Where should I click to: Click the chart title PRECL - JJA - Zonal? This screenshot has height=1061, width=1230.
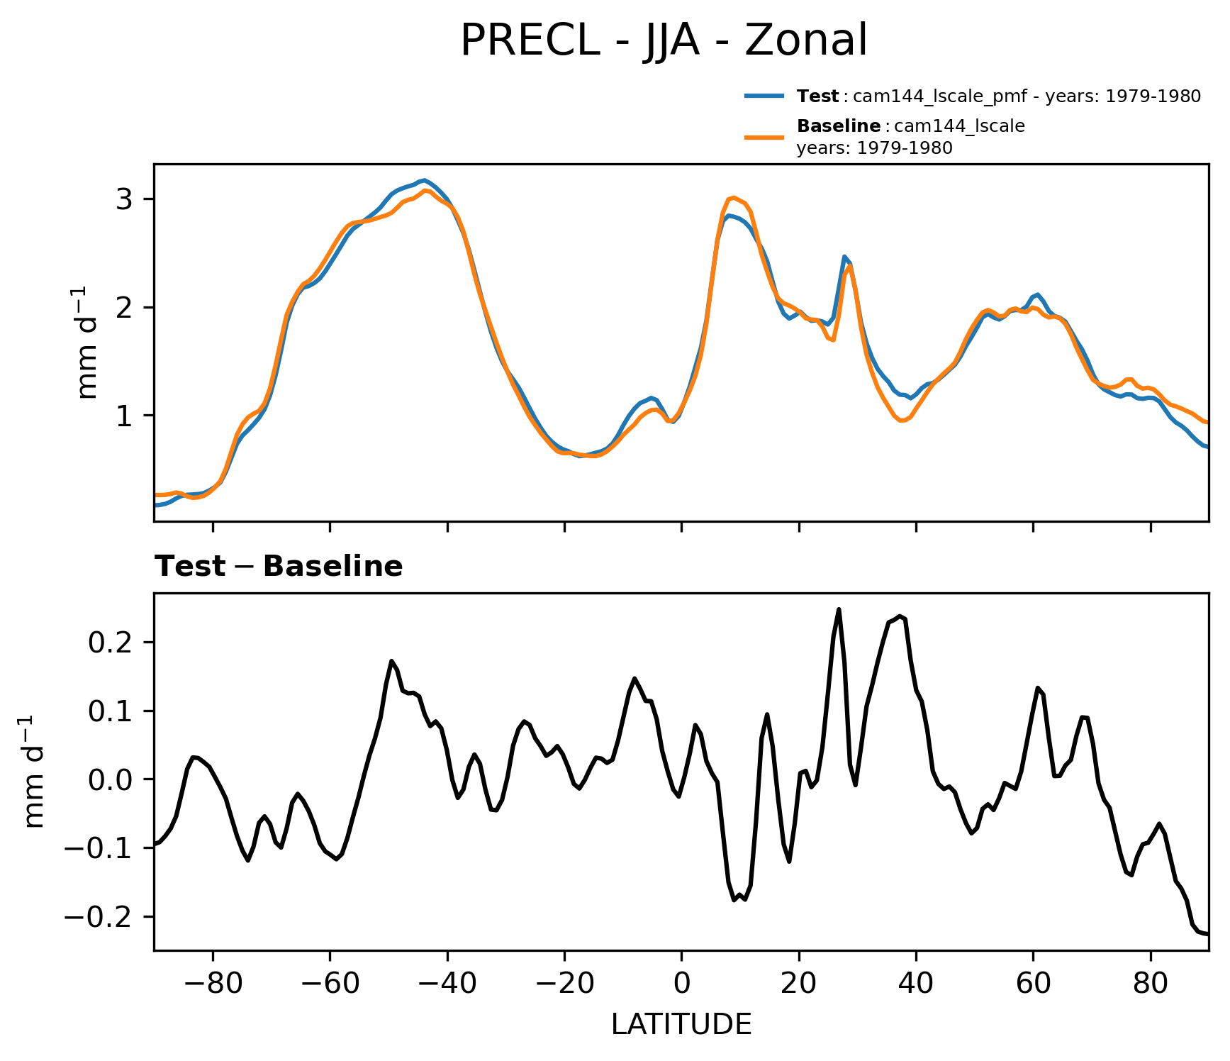tap(664, 40)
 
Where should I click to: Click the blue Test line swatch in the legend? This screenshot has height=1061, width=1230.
tap(764, 96)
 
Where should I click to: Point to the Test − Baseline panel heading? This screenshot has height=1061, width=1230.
tap(279, 567)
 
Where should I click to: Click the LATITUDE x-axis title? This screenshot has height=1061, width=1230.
tap(681, 1025)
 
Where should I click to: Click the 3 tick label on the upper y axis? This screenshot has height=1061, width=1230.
tap(124, 199)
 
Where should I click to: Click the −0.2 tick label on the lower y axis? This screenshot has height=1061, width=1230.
tap(98, 917)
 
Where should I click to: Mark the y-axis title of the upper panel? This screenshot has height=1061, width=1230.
tap(88, 343)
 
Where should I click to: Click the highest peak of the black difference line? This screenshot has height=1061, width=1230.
tap(839, 609)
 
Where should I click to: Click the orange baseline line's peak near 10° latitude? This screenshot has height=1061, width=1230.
tap(734, 197)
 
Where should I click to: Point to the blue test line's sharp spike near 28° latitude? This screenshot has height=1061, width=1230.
tap(844, 257)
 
